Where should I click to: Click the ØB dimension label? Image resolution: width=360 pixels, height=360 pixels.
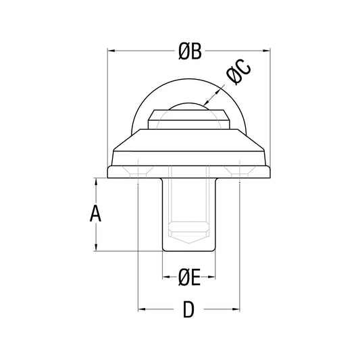click(190, 51)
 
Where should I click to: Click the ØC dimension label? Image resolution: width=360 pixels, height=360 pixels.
click(239, 72)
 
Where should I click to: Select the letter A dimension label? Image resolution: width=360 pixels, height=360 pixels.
click(95, 213)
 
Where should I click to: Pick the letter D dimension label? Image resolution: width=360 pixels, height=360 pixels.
click(188, 309)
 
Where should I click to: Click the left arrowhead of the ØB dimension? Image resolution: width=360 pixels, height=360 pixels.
click(111, 51)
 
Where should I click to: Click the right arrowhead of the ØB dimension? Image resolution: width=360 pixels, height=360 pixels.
click(266, 51)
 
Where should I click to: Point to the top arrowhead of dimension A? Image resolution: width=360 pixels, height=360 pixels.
click(96, 182)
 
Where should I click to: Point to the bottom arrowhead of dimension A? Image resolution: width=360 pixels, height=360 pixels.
click(96, 247)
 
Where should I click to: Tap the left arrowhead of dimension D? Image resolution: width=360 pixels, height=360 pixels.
click(142, 309)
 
